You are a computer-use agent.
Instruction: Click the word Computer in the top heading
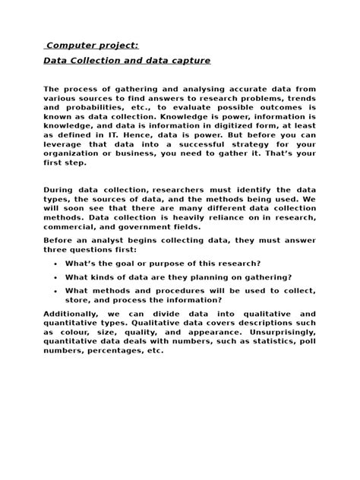(x=72, y=46)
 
